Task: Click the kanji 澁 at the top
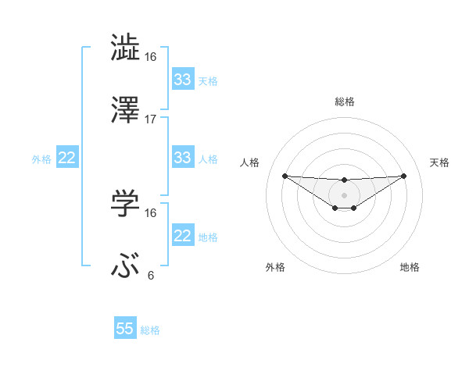point(126,48)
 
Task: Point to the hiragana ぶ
point(126,267)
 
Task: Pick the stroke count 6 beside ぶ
point(151,276)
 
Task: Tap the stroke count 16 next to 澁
point(151,56)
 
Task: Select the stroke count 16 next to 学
point(151,212)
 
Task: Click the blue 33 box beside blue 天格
point(183,80)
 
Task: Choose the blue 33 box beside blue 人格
point(183,158)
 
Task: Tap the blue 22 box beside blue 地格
point(183,236)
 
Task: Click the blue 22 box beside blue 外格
point(67,158)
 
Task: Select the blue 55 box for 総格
point(125,329)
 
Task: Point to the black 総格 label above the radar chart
point(345,102)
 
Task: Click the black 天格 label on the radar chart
point(439,162)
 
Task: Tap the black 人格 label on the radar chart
point(249,162)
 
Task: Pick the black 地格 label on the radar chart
point(410,267)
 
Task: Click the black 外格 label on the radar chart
point(276,267)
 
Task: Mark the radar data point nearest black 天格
point(403,176)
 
